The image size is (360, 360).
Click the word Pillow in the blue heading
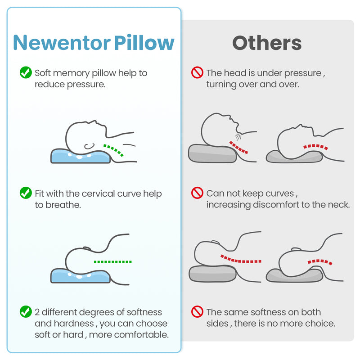pos(144,43)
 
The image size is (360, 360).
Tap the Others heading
pos(267,43)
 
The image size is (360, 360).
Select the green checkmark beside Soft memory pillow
pos(26,72)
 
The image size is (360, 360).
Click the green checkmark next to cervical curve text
pos(26,193)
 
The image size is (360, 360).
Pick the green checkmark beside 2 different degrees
pos(26,311)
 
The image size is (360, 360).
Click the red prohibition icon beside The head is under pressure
pos(197,72)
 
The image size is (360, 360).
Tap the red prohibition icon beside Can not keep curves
pos(197,193)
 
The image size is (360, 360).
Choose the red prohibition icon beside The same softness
pos(197,311)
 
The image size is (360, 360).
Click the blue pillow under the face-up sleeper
pos(80,156)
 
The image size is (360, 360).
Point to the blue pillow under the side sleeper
pos(80,275)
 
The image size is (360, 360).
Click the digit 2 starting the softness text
pos(37,312)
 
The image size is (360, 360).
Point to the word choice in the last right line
pos(322,324)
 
